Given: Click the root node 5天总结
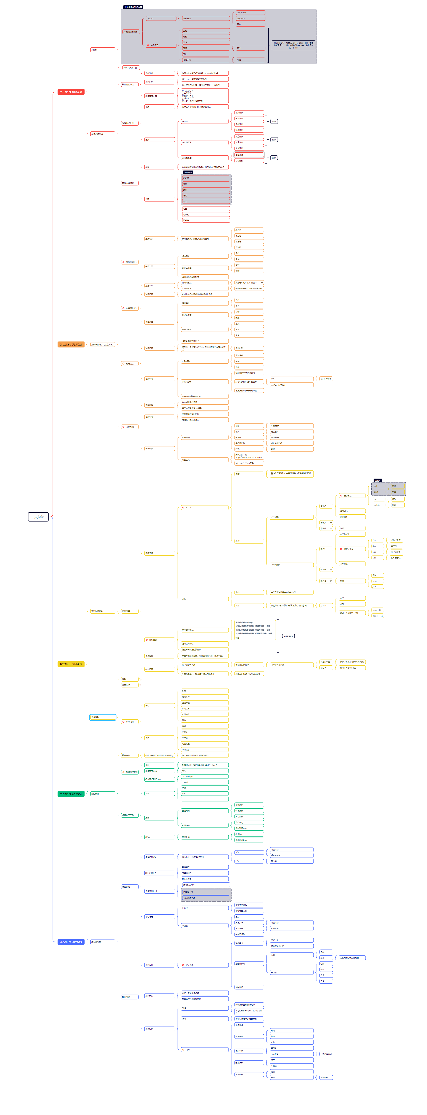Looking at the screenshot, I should click(38, 517).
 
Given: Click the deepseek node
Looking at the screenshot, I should click(250, 13).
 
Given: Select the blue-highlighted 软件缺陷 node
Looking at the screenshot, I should click(102, 717).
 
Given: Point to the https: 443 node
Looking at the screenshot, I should click(377, 615).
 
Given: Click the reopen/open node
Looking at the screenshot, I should click(204, 776).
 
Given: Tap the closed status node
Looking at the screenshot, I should click(204, 782).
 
